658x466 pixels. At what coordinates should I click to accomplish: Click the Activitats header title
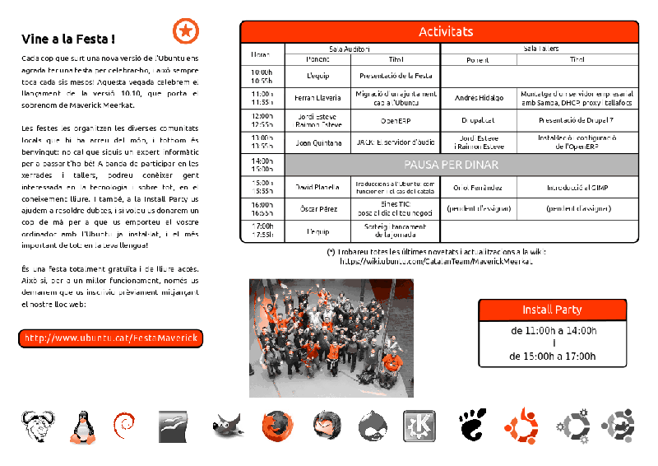tap(446, 32)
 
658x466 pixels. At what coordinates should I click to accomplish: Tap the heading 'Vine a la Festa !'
tap(68, 39)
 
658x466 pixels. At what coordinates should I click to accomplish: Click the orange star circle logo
tap(186, 31)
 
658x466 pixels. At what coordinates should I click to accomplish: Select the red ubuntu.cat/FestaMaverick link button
tap(111, 338)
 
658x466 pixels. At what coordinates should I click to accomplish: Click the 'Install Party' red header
tap(552, 310)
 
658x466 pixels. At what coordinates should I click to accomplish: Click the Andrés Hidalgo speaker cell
tap(479, 98)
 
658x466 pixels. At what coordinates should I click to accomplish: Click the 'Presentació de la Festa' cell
tap(396, 76)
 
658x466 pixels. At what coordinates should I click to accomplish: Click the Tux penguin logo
tap(81, 427)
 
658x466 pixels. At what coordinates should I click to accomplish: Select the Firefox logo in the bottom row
tap(277, 426)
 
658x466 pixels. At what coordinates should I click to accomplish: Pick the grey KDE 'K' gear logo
tap(419, 426)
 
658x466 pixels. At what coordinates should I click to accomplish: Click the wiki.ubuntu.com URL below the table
tap(436, 261)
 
